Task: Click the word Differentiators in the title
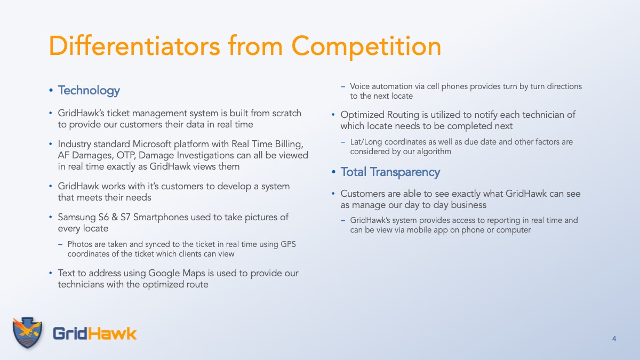[x=134, y=46]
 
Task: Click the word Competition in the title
[x=366, y=47]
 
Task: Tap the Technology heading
[x=89, y=91]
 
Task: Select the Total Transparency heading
[x=390, y=172]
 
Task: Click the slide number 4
[x=614, y=339]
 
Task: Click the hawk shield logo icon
[x=27, y=332]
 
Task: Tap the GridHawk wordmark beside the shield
[x=94, y=334]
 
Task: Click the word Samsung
[x=77, y=217]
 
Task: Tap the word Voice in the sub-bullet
[x=359, y=86]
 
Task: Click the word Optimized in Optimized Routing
[x=362, y=115]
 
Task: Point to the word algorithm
[x=434, y=151]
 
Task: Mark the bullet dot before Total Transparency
[x=333, y=172]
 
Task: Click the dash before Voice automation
[x=343, y=86]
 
